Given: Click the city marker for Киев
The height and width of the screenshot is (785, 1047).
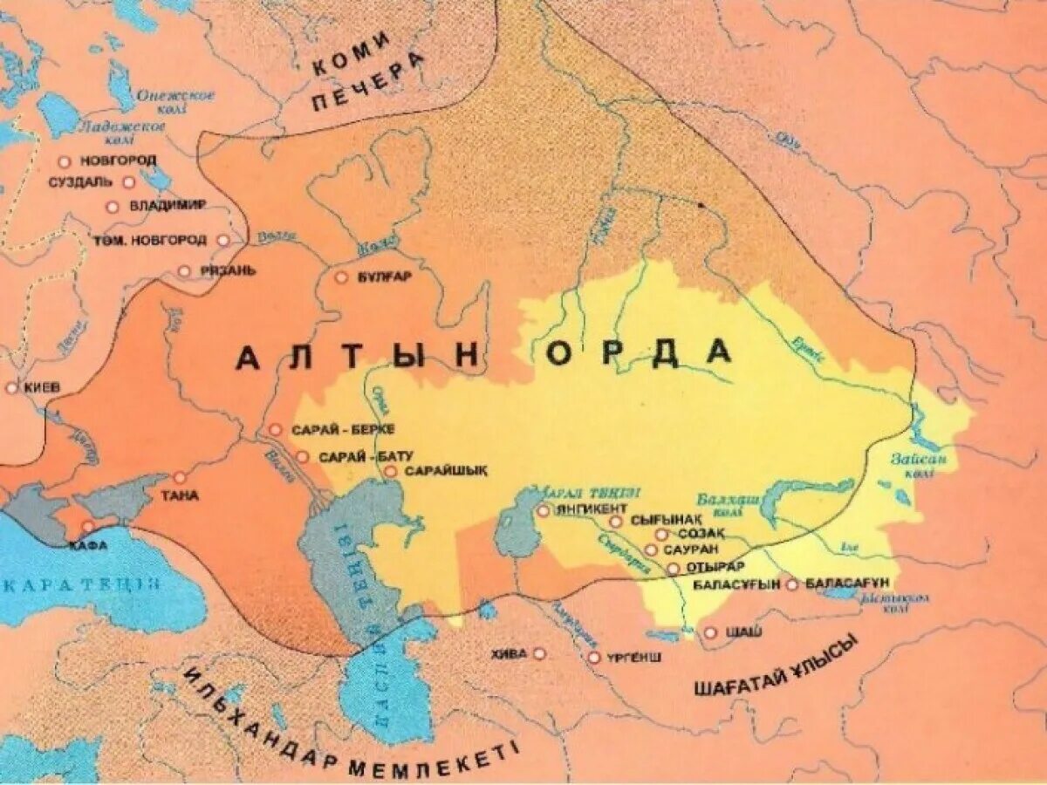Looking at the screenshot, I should (11, 387).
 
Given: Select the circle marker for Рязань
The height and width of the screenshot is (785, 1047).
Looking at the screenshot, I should (184, 270).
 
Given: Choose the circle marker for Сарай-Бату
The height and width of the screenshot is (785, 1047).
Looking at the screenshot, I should (302, 456).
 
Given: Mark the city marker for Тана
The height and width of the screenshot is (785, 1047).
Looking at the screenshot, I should (180, 477).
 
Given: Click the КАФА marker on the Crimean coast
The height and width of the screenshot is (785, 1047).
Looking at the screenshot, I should (87, 527).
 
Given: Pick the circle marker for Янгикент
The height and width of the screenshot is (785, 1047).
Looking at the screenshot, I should (543, 510).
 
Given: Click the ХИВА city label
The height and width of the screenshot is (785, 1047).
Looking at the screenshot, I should (510, 653).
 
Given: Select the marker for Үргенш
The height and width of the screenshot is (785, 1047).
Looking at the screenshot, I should (594, 657).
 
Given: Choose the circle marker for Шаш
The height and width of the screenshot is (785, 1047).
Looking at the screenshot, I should (710, 632).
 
